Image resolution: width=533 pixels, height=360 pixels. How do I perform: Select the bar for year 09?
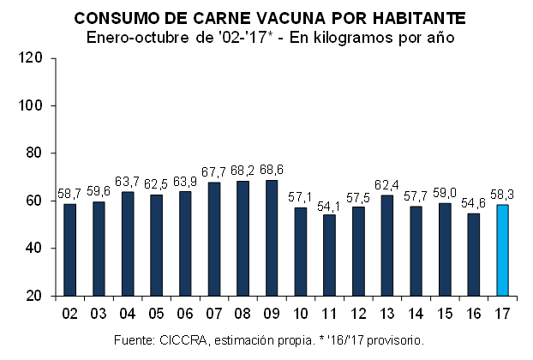[272, 238]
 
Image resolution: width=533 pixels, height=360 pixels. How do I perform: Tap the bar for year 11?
[330, 255]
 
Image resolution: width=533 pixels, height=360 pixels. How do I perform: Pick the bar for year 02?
[70, 249]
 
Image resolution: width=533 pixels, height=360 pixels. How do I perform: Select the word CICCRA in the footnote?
[179, 340]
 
